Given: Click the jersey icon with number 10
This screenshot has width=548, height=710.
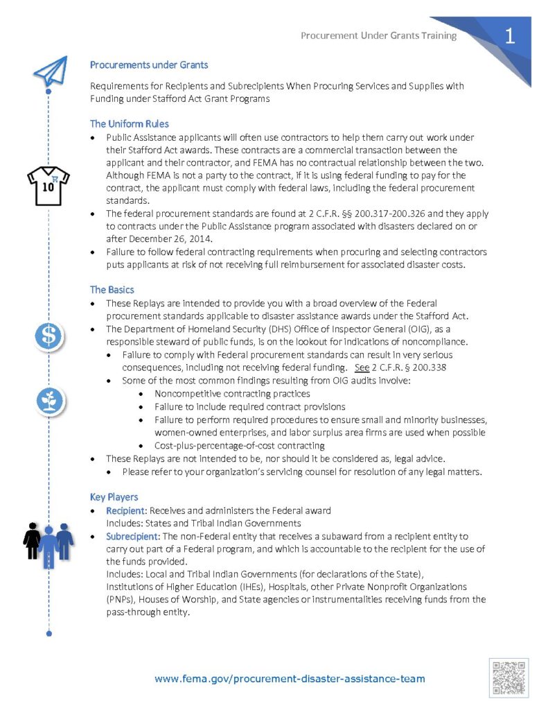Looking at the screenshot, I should [x=48, y=186].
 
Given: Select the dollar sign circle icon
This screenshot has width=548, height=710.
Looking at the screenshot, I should [x=49, y=336].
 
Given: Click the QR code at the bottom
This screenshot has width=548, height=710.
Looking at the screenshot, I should [x=509, y=677].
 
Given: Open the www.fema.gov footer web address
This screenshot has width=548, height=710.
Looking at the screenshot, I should [x=290, y=679].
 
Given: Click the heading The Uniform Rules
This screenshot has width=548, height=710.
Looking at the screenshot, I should [x=130, y=124].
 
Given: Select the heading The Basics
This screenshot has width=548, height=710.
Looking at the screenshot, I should [x=112, y=289].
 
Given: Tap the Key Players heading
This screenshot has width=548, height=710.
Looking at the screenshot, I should [x=114, y=496].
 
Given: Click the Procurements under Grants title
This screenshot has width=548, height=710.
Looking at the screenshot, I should [x=149, y=65].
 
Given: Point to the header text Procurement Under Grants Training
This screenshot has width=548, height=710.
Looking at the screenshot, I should [x=379, y=36].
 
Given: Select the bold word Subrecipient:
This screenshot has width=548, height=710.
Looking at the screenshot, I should [x=134, y=537].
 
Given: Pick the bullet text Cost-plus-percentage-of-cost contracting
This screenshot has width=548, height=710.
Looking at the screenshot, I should [x=239, y=445].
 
